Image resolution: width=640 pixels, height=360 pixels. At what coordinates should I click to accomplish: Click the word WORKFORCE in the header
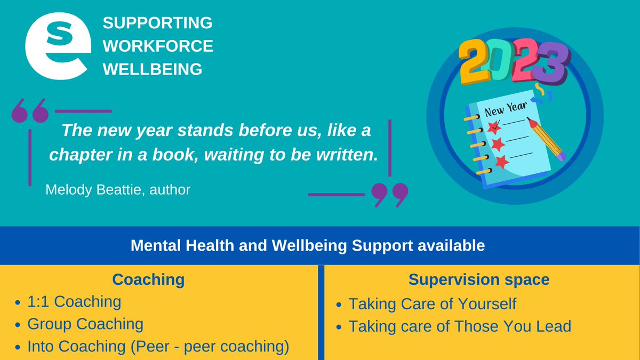158,46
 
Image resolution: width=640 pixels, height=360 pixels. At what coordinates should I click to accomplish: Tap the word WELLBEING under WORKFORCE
153,69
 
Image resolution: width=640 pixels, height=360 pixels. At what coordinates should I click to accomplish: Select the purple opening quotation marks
30,110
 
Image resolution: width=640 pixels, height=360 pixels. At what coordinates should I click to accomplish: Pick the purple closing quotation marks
390,196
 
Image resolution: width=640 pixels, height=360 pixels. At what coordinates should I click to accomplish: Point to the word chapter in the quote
77,155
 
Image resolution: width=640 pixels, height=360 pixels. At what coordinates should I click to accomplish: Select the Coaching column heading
148,279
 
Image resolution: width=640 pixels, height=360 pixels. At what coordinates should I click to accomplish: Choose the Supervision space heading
479,279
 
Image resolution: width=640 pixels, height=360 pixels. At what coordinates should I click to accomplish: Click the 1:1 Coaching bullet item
74,302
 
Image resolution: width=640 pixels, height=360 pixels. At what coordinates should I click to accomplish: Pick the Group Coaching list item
85,324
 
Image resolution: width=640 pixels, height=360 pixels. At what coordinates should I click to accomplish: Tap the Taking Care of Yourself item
432,303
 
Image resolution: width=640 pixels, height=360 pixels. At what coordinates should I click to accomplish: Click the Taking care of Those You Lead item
459,326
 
